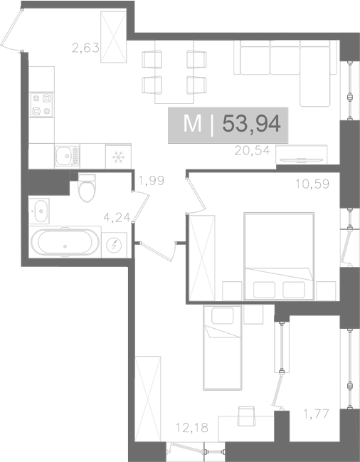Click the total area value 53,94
click(x=251, y=124)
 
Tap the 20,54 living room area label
click(x=252, y=151)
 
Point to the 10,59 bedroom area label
click(x=312, y=184)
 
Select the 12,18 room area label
click(x=192, y=428)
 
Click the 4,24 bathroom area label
click(x=117, y=217)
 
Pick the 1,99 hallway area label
click(x=152, y=181)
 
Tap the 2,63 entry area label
click(x=85, y=48)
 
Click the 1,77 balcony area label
click(x=316, y=414)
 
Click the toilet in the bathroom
click(x=87, y=187)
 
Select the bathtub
click(x=65, y=242)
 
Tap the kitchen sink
click(x=67, y=156)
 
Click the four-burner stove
click(x=41, y=105)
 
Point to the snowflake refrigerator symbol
click(x=118, y=157)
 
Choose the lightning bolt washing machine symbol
click(x=115, y=245)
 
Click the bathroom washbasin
click(x=39, y=211)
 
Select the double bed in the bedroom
click(x=279, y=256)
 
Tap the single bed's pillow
click(x=223, y=316)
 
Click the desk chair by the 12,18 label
click(x=246, y=416)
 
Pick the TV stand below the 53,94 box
click(x=302, y=154)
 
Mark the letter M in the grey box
click(x=192, y=124)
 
